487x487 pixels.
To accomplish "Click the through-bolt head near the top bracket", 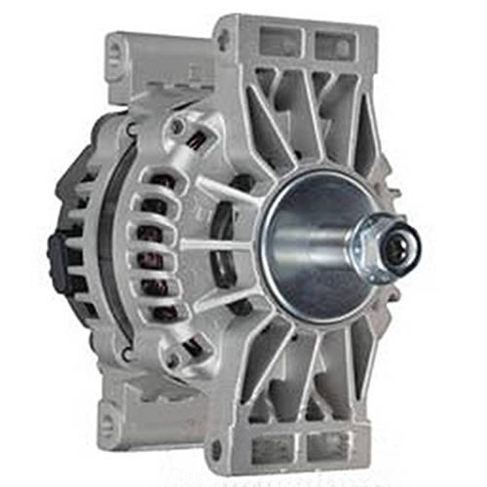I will coord(176,127).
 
